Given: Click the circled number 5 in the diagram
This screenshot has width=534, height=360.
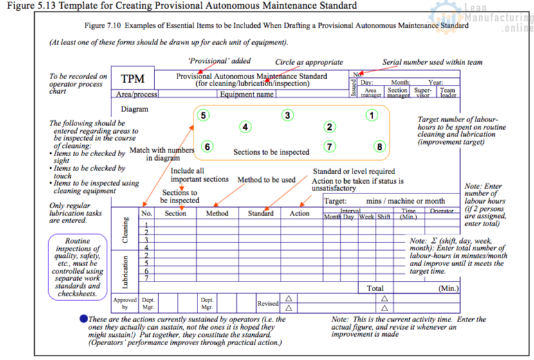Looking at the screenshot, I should [x=203, y=116].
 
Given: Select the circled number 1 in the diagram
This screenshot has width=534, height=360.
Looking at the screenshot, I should [x=371, y=116].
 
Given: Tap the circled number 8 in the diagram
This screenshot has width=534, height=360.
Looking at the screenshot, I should [x=380, y=147].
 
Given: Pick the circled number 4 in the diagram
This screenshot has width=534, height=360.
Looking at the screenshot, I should [x=245, y=127].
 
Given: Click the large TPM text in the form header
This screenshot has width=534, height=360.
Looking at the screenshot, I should [x=133, y=80].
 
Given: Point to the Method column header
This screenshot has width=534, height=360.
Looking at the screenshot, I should [x=217, y=213].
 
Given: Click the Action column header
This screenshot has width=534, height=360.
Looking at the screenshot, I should [x=299, y=213].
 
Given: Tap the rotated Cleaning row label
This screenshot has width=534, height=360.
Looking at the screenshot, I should [x=125, y=230].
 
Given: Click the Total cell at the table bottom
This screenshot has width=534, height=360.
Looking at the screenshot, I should [x=375, y=289].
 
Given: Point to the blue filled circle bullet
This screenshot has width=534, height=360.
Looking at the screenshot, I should [x=83, y=318].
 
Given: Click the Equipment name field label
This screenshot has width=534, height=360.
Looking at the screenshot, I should [x=247, y=94].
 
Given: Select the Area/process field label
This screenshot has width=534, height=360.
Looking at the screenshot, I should [x=134, y=94].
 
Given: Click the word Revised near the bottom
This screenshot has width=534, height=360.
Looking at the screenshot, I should [x=268, y=303].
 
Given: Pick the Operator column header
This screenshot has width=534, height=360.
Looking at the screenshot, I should [x=441, y=211].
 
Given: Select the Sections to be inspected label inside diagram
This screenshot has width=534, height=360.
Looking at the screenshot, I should [x=271, y=153].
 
